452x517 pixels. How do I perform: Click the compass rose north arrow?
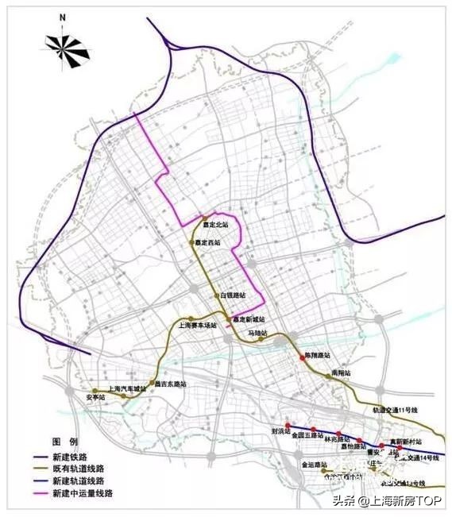coord(69,46)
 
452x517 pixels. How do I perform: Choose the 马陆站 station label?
coord(257,333)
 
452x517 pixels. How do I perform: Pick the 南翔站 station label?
coord(342,372)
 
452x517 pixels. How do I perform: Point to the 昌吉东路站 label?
coord(170,384)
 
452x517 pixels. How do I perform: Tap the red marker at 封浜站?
coord(288,423)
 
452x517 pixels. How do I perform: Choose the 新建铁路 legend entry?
coord(71,457)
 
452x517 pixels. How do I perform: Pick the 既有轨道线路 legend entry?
coord(77,469)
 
